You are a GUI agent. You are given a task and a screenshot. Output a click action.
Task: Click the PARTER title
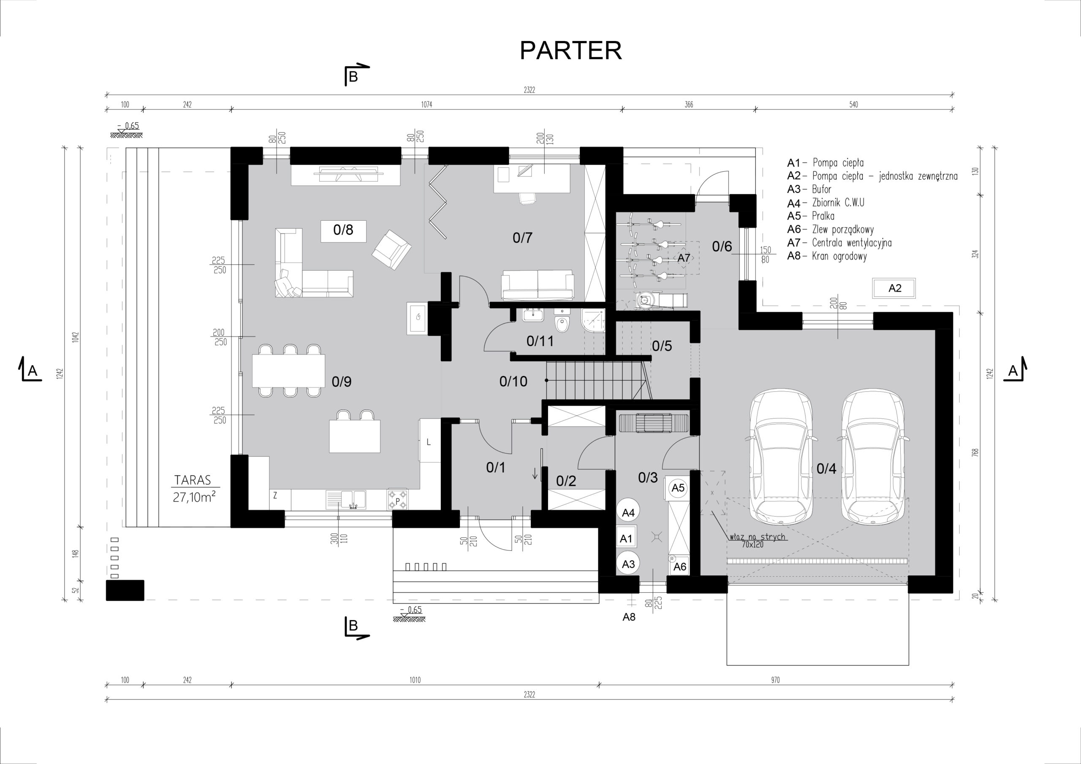pyautogui.click(x=570, y=50)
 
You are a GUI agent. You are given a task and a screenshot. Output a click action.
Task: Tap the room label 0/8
pyautogui.click(x=343, y=230)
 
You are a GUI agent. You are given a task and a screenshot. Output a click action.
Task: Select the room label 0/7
pyautogui.click(x=523, y=238)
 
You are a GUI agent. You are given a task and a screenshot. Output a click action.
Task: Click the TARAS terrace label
pyautogui.click(x=192, y=480)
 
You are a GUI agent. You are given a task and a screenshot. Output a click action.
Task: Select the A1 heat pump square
pyautogui.click(x=627, y=538)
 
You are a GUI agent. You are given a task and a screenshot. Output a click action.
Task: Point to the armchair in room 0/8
pyautogui.click(x=392, y=249)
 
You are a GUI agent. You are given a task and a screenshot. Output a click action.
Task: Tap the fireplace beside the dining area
pyautogui.click(x=417, y=319)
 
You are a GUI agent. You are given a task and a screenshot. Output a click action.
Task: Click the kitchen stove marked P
pyautogui.click(x=398, y=499)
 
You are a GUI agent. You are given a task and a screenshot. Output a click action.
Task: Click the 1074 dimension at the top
pyautogui.click(x=426, y=105)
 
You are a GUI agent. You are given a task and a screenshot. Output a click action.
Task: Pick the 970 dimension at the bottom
pyautogui.click(x=775, y=680)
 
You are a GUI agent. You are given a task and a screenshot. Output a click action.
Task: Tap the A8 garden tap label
pyautogui.click(x=629, y=617)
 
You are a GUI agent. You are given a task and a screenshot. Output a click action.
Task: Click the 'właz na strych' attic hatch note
pyautogui.click(x=758, y=536)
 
